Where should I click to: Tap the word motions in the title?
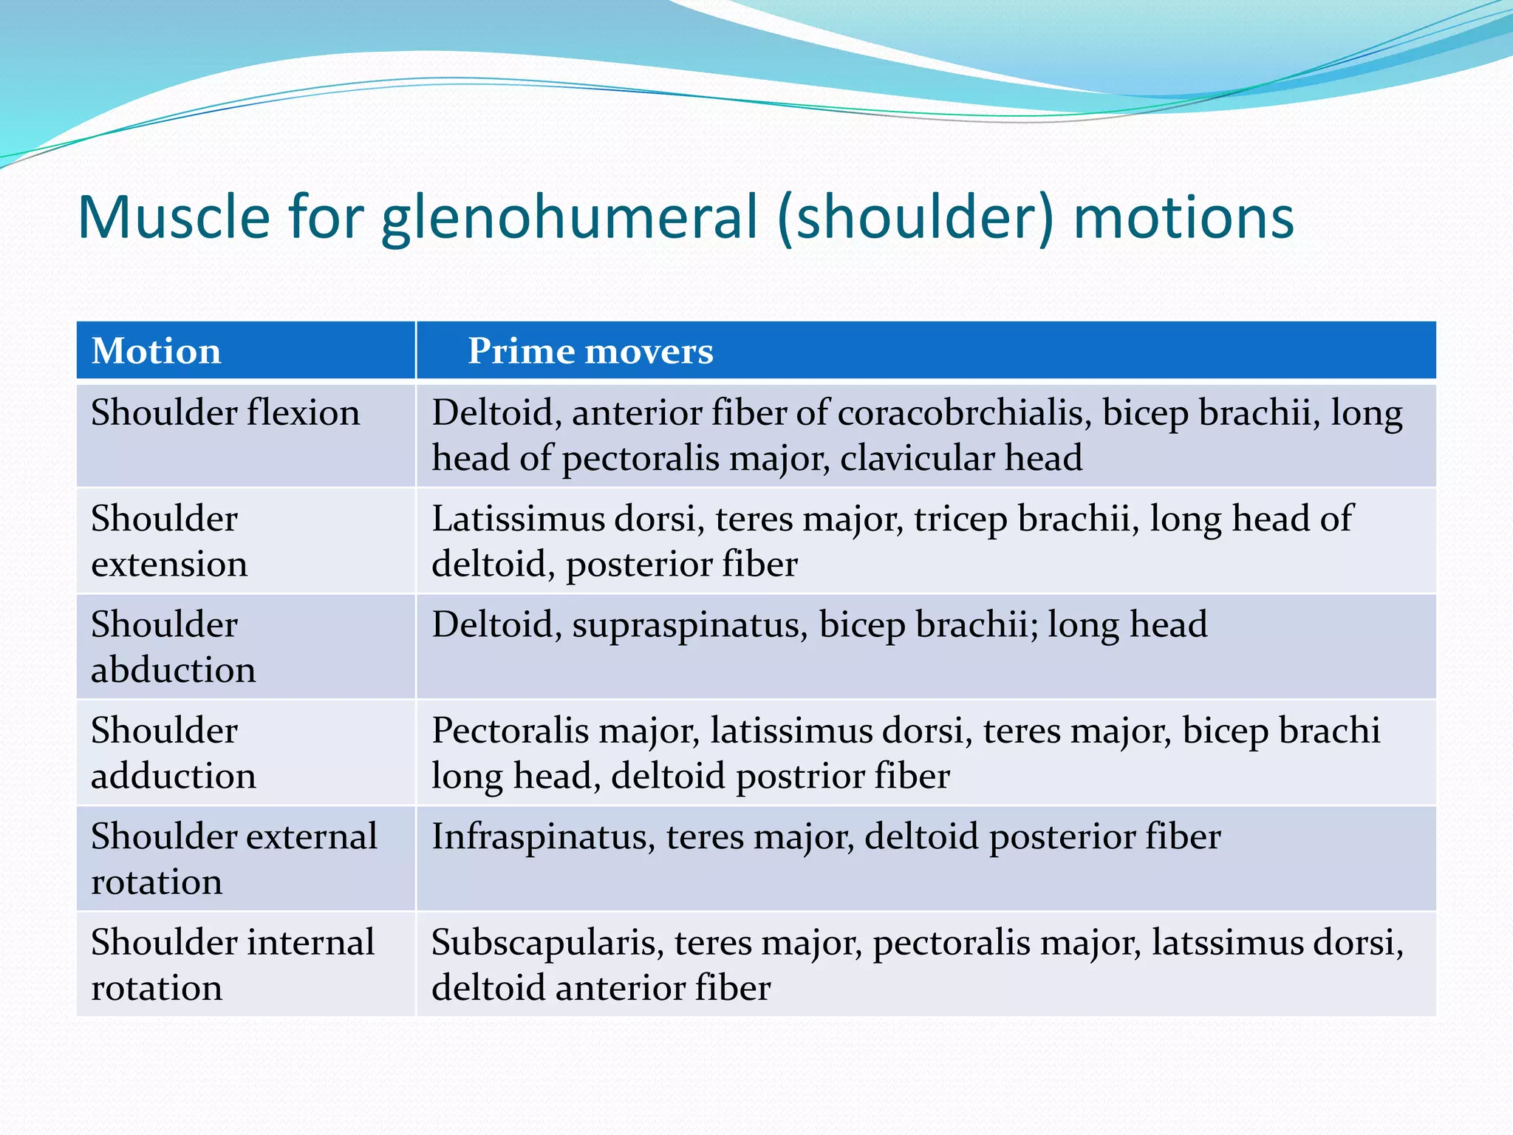1184,218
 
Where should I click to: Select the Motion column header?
156,351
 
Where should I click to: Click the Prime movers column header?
590,351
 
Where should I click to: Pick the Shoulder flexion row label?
225,412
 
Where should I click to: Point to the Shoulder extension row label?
169,541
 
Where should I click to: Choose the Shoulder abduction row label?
173,647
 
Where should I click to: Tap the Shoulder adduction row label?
173,753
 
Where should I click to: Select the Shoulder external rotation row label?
233,859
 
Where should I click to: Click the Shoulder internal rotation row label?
232,964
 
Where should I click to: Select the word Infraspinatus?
543,836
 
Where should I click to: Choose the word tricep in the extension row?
960,519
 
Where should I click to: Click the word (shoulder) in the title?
915,218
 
